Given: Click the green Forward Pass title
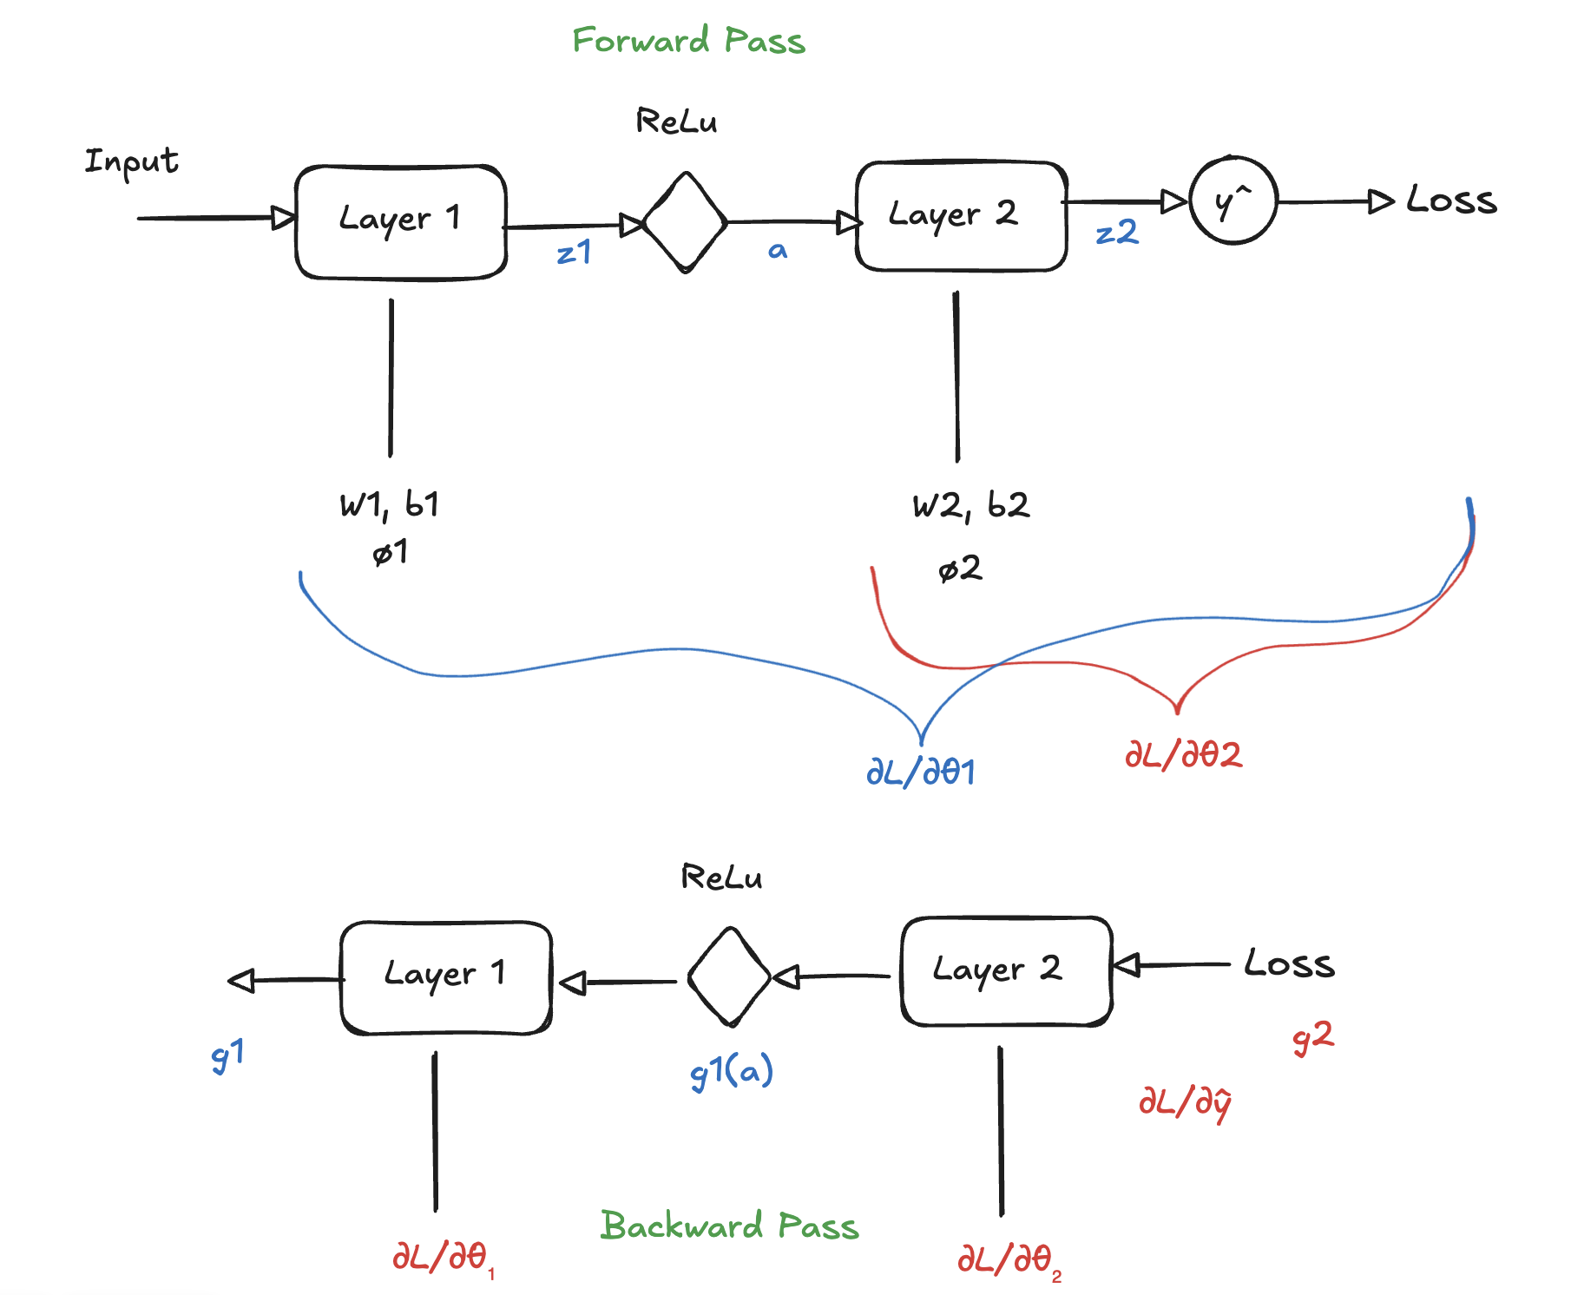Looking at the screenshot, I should tap(688, 41).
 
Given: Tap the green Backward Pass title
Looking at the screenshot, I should tap(729, 1226).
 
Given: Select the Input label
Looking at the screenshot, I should tap(131, 161).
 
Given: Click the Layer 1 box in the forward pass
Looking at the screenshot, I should tap(400, 222).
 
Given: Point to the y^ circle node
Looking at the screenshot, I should tap(1232, 201).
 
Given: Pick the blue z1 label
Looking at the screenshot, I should tap(574, 253).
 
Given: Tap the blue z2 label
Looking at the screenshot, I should tap(1116, 233).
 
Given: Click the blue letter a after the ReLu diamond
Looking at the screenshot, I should tap(778, 251).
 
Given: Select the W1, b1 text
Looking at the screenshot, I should tap(389, 504).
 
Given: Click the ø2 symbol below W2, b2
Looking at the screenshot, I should tap(960, 569).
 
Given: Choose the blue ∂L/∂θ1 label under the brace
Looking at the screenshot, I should tap(921, 772).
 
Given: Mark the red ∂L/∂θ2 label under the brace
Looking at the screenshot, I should tap(1183, 754).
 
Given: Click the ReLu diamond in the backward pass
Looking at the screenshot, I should tap(729, 977).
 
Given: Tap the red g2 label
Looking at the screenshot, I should tap(1312, 1037).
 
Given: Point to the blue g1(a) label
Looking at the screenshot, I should tap(731, 1073).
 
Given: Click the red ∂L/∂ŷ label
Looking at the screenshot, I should tap(1185, 1102).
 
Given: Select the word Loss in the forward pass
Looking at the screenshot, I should tap(1451, 200).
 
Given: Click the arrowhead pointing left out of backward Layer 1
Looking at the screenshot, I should tap(241, 981).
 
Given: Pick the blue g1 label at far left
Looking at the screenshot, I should tap(227, 1055).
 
